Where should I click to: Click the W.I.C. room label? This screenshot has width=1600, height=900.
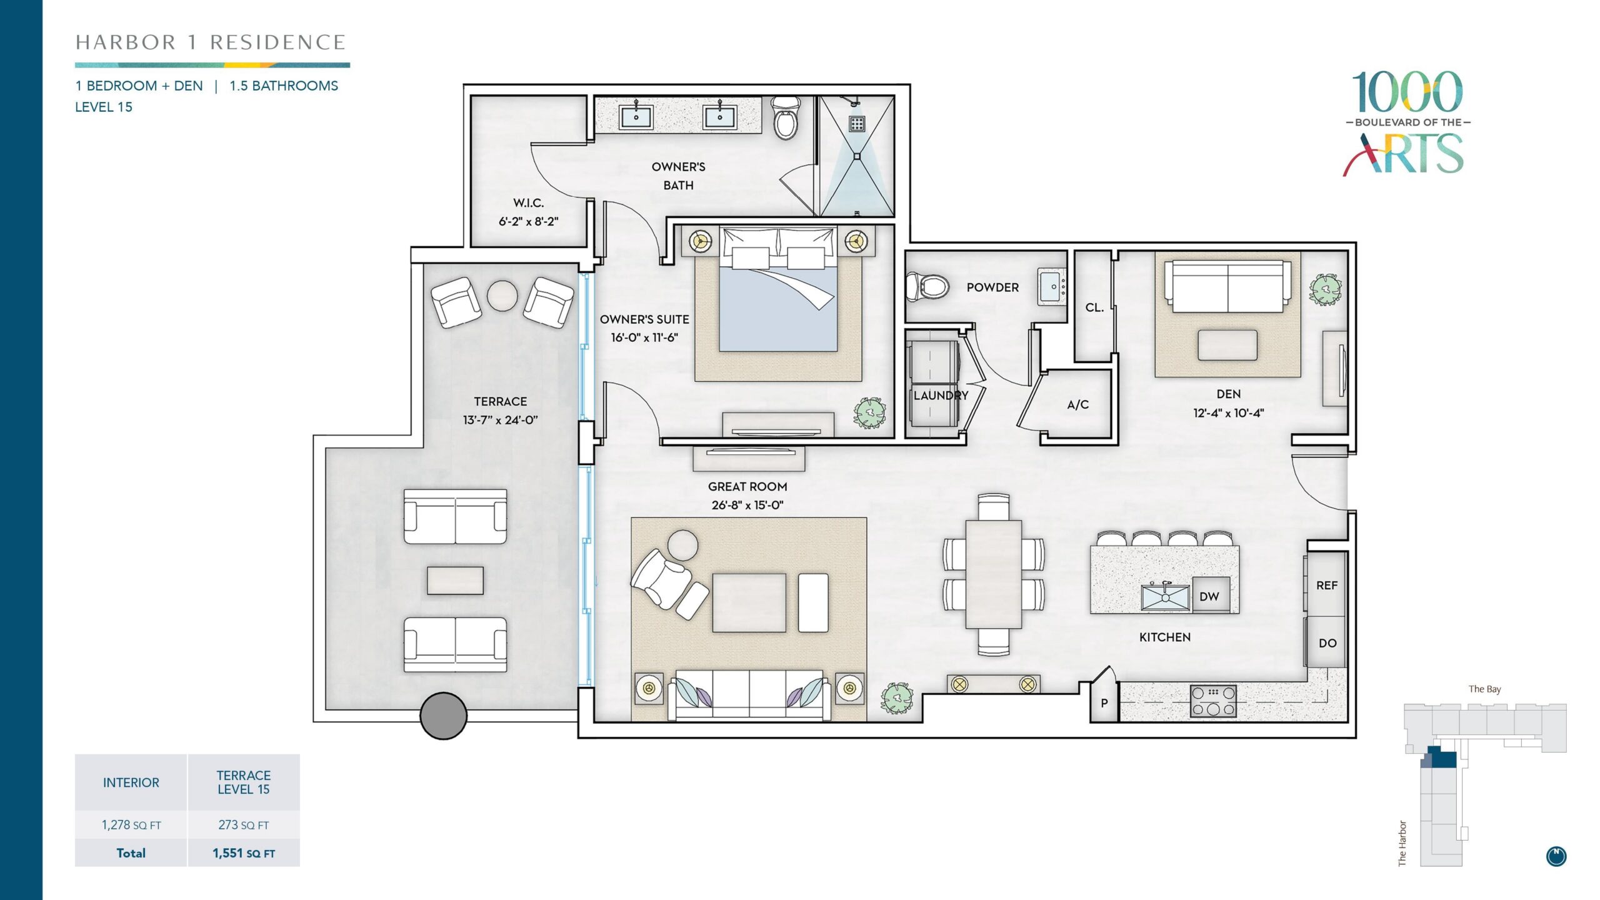pos(529,202)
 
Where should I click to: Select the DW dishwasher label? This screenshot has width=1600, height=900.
pos(1209,596)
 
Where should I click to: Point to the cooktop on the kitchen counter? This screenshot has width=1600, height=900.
pos(1213,701)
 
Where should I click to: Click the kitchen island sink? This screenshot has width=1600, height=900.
pos(1165,596)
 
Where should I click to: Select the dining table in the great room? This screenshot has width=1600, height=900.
pos(993,574)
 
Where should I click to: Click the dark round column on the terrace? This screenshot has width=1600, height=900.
pos(443,716)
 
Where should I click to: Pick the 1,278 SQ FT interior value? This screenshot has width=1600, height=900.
pos(131,825)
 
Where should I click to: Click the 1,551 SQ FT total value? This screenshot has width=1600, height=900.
pos(244,853)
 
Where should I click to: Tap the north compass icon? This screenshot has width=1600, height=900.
pos(1556,856)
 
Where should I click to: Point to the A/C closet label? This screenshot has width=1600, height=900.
pos(1077,404)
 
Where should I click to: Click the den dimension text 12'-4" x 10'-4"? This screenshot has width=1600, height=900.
pos(1228,412)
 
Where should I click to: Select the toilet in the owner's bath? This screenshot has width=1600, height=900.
pos(785,117)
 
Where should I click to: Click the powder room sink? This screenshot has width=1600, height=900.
pos(1052,287)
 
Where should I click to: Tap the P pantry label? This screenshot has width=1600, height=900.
pos(1104,703)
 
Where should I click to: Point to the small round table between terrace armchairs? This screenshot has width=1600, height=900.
pos(502,296)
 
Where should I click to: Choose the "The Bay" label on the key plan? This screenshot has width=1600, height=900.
pos(1485,689)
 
